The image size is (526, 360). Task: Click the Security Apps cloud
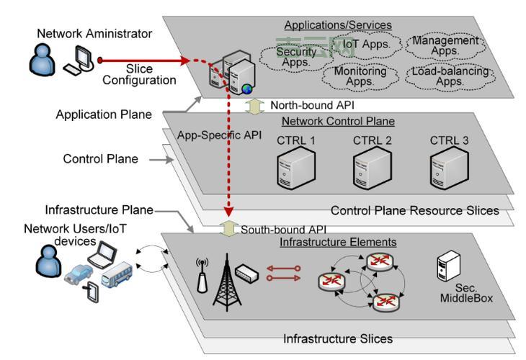tap(297, 57)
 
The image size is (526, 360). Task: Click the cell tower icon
tap(225, 282)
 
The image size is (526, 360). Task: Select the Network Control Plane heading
tap(338, 121)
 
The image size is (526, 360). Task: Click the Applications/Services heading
tap(337, 25)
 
